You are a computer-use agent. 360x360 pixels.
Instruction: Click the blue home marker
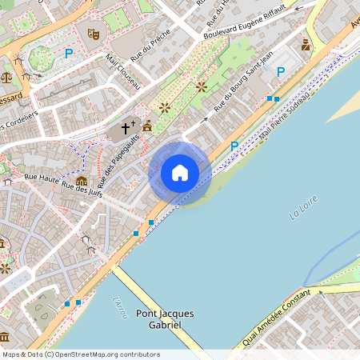(180, 172)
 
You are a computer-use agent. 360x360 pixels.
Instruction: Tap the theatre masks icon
(93, 34)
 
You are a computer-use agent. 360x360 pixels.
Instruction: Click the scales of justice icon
(7, 78)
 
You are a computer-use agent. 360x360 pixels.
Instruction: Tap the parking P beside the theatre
(69, 54)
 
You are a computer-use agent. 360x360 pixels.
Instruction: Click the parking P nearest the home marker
(234, 146)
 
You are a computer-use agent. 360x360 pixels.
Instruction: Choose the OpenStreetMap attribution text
(81, 354)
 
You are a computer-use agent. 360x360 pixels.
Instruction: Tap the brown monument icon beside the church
(147, 126)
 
